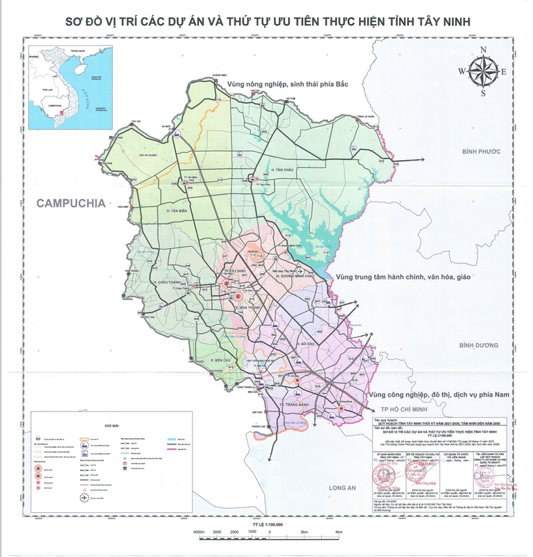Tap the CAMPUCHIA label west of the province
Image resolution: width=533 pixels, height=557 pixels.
[x=71, y=203]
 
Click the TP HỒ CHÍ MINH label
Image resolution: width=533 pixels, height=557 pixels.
[x=404, y=408]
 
